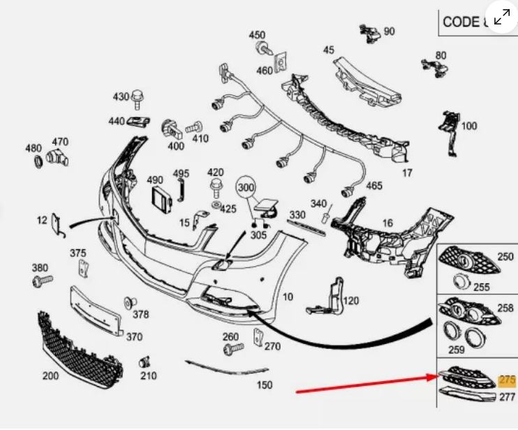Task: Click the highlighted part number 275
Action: click(x=508, y=380)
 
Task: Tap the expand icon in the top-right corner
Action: click(x=501, y=17)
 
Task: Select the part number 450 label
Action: click(x=257, y=36)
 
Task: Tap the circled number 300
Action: click(x=246, y=188)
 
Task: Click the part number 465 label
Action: click(x=374, y=186)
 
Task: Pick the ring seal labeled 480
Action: click(x=38, y=163)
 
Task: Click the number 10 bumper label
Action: click(x=288, y=297)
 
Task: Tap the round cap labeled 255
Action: click(x=459, y=281)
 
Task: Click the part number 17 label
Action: click(x=407, y=173)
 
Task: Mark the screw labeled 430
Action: click(x=138, y=96)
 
